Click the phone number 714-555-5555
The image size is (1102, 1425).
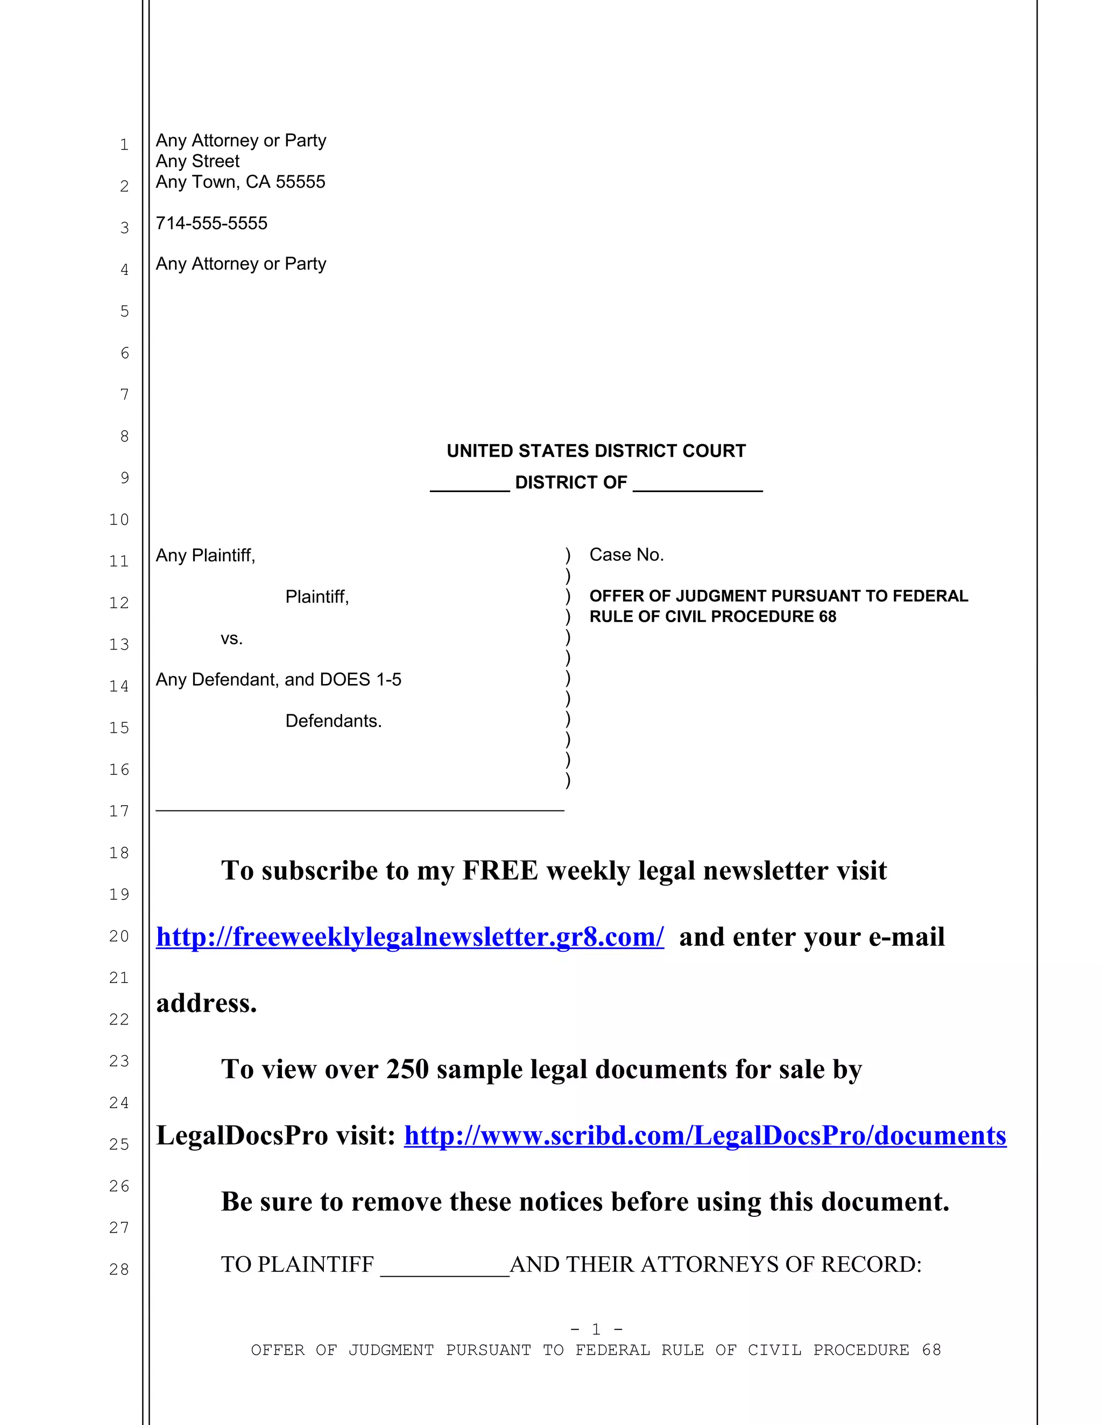click(x=211, y=223)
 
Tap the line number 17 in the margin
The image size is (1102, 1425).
click(x=119, y=811)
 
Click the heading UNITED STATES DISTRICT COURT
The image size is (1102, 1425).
click(x=596, y=451)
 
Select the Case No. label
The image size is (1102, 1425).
click(x=626, y=554)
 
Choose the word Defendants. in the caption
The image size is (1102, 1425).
click(x=333, y=721)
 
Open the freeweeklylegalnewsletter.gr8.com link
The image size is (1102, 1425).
click(x=410, y=937)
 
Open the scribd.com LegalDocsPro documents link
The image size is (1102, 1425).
click(x=705, y=1136)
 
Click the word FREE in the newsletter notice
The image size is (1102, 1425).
click(x=500, y=871)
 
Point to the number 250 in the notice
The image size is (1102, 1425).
click(x=407, y=1070)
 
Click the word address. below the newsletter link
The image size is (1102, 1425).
click(x=206, y=1003)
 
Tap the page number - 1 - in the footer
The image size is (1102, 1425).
click(x=596, y=1329)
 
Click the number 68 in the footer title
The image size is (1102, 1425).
click(x=931, y=1350)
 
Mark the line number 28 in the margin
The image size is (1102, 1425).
click(x=119, y=1269)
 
